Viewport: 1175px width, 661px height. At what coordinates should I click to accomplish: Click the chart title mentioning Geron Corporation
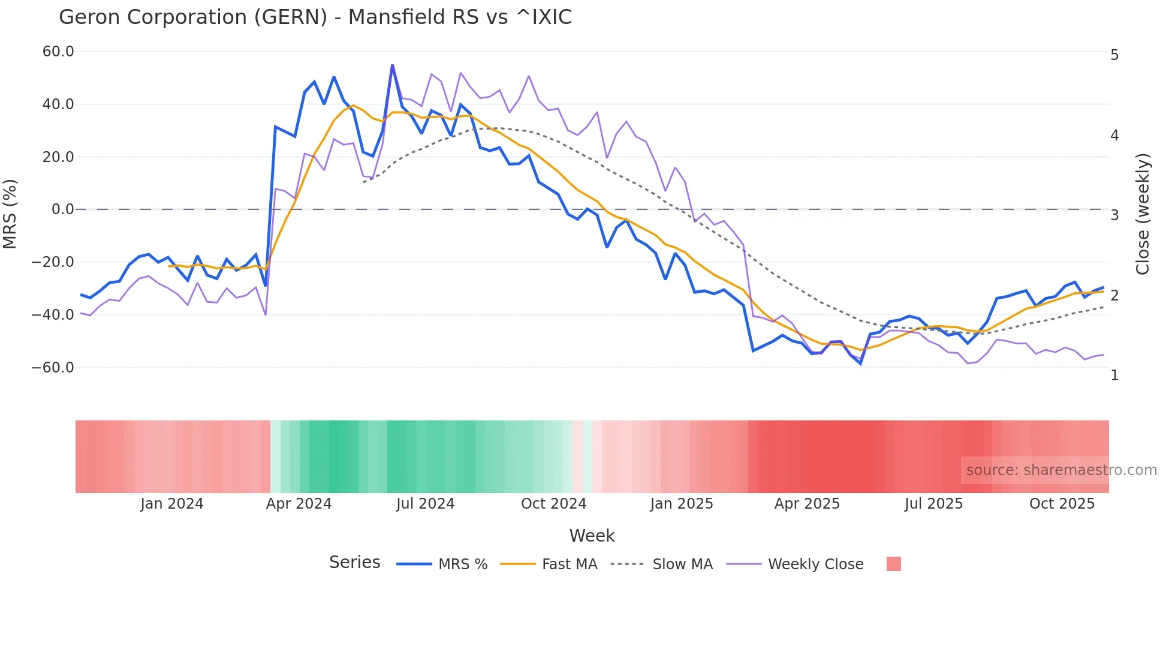click(315, 17)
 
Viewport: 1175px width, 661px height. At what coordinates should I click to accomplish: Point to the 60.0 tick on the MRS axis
click(58, 52)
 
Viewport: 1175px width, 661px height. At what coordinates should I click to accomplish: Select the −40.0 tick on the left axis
click(53, 314)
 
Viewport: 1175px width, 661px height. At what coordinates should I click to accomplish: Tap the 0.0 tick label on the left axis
click(63, 209)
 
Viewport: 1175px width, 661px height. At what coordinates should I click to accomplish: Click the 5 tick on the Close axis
click(1114, 55)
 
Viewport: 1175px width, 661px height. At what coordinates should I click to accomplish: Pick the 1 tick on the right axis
click(1114, 375)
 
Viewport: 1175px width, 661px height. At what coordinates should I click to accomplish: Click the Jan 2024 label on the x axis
click(172, 504)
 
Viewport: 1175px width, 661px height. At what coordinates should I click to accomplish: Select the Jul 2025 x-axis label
click(933, 504)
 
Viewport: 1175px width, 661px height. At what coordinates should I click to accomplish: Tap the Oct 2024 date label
click(553, 504)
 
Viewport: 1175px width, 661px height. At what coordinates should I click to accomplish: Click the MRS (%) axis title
click(10, 214)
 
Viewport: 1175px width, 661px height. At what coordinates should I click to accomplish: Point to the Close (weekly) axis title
click(1143, 214)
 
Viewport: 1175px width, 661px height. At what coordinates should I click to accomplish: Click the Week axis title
click(592, 536)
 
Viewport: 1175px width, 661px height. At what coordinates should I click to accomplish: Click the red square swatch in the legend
click(893, 564)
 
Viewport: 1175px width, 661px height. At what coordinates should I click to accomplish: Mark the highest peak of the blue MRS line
click(392, 65)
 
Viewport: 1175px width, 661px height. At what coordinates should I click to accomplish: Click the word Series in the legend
click(354, 563)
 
